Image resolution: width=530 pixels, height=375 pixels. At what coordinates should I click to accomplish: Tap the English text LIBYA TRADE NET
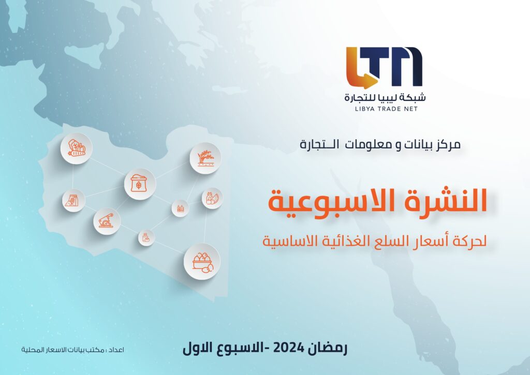click(386, 109)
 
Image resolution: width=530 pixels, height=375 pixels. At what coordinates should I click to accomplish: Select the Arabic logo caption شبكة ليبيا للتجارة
click(385, 97)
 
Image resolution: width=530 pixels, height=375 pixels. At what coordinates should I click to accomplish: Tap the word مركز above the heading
click(448, 145)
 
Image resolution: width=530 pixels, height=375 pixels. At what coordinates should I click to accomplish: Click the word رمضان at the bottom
click(327, 348)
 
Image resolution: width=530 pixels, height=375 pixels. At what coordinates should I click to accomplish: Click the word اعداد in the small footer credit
click(116, 350)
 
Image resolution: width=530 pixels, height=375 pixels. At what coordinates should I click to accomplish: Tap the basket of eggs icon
click(202, 262)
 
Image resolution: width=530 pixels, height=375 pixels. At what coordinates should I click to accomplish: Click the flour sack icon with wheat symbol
click(139, 184)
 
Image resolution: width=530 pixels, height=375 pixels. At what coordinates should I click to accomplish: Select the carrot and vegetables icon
click(77, 148)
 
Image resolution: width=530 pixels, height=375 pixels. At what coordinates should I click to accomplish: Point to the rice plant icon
click(205, 158)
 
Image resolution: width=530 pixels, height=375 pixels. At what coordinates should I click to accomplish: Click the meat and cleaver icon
click(107, 221)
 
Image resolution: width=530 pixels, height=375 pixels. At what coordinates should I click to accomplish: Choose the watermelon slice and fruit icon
click(212, 198)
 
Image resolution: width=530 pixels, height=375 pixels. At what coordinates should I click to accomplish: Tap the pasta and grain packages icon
click(73, 200)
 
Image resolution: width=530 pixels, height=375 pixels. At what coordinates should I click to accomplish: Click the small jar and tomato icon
click(146, 237)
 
